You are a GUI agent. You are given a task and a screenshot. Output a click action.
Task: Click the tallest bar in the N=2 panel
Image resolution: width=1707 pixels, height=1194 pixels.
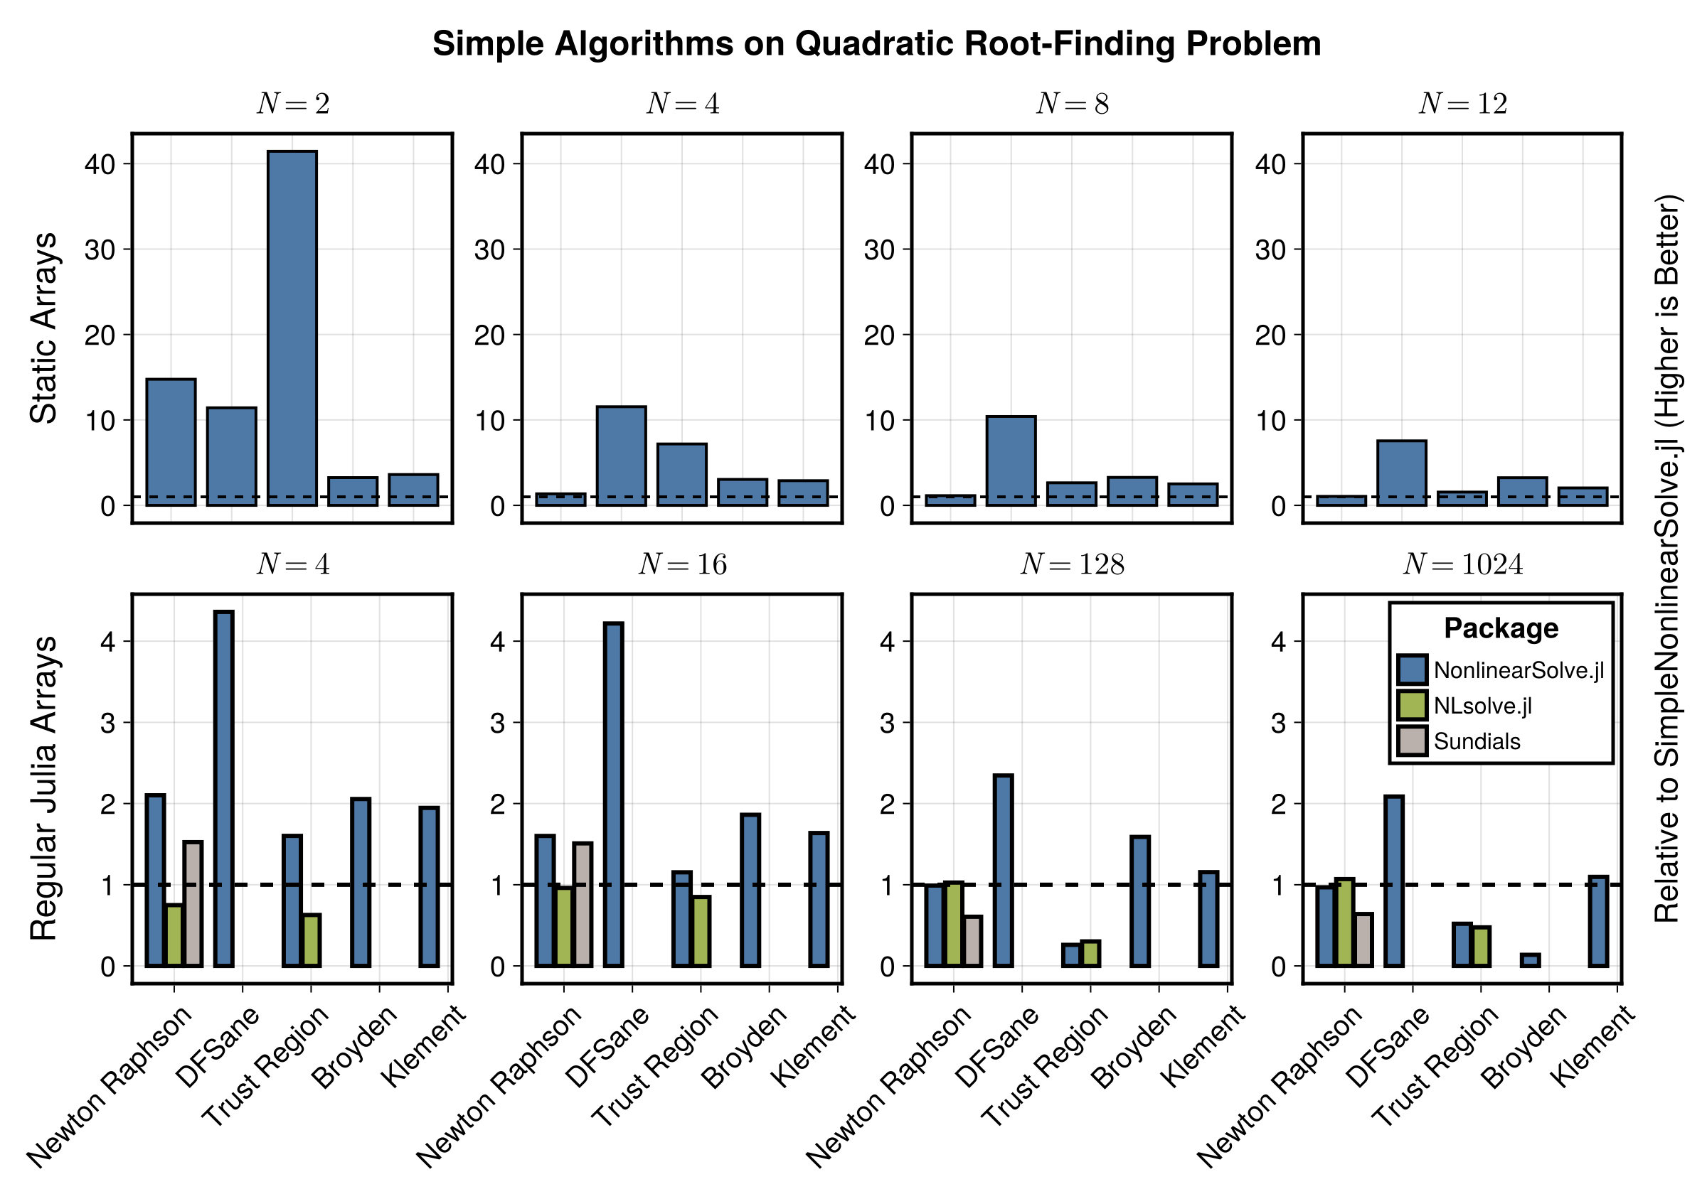292,328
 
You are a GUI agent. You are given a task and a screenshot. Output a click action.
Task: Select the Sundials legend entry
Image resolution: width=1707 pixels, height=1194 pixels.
1477,741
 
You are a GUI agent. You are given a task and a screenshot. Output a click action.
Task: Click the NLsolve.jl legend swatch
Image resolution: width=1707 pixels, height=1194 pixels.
1412,705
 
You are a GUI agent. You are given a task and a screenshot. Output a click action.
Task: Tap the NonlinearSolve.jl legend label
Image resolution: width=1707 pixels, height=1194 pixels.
1518,670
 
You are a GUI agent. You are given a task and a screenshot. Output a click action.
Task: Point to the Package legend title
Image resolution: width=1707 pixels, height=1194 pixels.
1500,628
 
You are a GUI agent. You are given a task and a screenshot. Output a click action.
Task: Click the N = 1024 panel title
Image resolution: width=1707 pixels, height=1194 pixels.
1462,565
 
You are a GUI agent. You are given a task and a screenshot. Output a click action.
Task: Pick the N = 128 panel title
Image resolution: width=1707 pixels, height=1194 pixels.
1072,565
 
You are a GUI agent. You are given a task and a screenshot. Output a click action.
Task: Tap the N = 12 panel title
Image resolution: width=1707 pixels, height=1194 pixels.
1462,104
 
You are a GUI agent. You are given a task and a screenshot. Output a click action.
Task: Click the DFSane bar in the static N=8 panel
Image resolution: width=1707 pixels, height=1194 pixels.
1011,461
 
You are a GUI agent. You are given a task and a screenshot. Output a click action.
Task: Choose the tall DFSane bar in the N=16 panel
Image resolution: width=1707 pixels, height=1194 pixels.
613,795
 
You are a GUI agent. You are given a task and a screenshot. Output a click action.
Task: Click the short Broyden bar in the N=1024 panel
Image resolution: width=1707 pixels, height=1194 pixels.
1531,960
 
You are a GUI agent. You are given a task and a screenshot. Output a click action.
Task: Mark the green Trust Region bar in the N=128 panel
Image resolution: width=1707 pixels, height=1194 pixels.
1090,953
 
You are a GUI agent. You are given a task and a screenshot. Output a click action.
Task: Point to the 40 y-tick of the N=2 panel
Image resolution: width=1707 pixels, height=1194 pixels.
100,164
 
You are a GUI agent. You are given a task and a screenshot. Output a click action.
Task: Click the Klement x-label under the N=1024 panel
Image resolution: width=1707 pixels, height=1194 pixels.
1593,1045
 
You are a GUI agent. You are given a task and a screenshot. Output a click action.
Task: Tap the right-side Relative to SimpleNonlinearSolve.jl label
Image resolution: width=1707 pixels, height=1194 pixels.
1667,557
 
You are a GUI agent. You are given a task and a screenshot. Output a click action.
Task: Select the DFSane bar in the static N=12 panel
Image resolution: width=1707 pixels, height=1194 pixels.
1401,473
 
